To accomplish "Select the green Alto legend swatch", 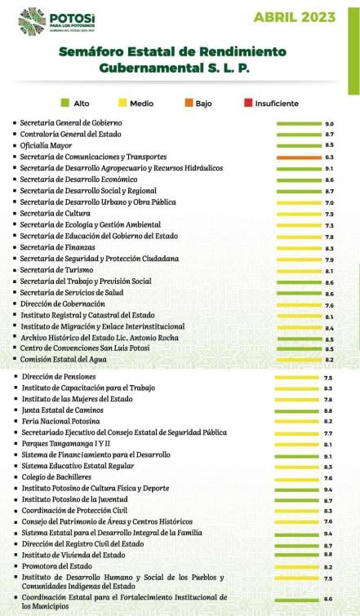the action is click(x=65, y=104).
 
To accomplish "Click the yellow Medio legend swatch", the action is click(x=121, y=104).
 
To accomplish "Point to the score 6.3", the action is click(x=329, y=157).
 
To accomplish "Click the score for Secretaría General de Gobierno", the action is click(x=329, y=123).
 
